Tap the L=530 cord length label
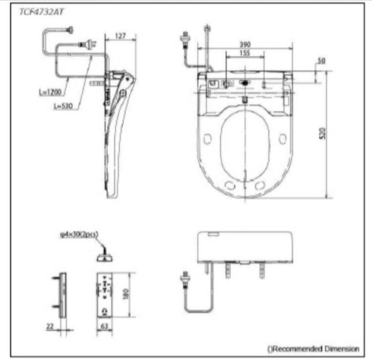point(65,106)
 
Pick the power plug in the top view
point(184,36)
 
